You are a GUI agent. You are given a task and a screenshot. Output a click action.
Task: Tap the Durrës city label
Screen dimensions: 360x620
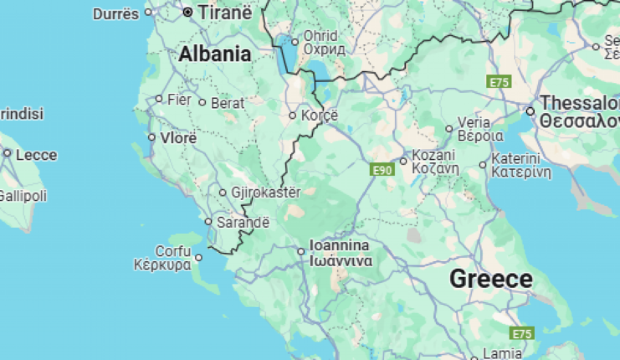pyautogui.click(x=115, y=14)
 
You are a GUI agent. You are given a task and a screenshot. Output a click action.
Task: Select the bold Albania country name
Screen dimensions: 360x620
pyautogui.click(x=215, y=54)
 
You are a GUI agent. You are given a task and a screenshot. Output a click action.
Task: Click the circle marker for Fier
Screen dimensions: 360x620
pyautogui.click(x=159, y=99)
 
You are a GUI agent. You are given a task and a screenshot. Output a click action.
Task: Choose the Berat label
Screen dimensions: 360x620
pyautogui.click(x=228, y=104)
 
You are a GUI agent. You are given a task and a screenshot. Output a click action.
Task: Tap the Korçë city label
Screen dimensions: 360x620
pyautogui.click(x=320, y=115)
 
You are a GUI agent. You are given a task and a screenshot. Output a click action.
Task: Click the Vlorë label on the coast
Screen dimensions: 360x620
pyautogui.click(x=178, y=138)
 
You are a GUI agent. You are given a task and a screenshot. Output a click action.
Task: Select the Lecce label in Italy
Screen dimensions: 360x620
pyautogui.click(x=36, y=155)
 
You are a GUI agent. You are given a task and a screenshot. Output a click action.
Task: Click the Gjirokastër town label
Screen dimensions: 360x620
pyautogui.click(x=265, y=192)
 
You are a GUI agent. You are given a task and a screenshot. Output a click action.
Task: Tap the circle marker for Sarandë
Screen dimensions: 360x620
pyautogui.click(x=209, y=222)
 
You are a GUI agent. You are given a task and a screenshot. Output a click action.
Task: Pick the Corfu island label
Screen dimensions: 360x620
pyautogui.click(x=173, y=251)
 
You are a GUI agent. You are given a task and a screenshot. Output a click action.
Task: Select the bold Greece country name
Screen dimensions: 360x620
pyautogui.click(x=491, y=279)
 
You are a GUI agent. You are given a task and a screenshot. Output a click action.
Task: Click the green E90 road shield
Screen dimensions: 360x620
pyautogui.click(x=382, y=170)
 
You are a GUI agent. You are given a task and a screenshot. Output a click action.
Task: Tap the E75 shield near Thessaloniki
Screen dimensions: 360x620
pyautogui.click(x=499, y=82)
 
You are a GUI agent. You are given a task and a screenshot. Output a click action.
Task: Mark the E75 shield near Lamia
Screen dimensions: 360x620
pyautogui.click(x=522, y=333)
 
